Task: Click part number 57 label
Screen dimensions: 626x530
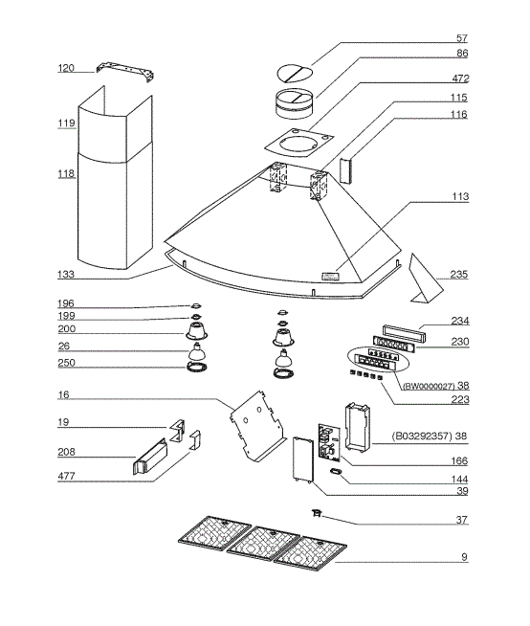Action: tap(461, 39)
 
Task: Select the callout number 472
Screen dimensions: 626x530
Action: tap(458, 78)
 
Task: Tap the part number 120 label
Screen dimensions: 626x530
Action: tap(65, 69)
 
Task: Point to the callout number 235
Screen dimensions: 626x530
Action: tap(458, 275)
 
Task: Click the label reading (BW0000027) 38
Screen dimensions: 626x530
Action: tap(434, 388)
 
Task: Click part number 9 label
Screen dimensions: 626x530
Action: tap(464, 557)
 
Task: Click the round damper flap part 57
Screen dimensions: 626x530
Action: tap(297, 72)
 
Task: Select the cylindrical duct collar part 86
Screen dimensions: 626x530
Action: tap(296, 100)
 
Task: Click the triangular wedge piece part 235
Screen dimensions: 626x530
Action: tap(420, 277)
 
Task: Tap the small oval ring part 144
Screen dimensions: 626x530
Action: tap(336, 472)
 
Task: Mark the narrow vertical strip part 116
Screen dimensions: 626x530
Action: tap(345, 168)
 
